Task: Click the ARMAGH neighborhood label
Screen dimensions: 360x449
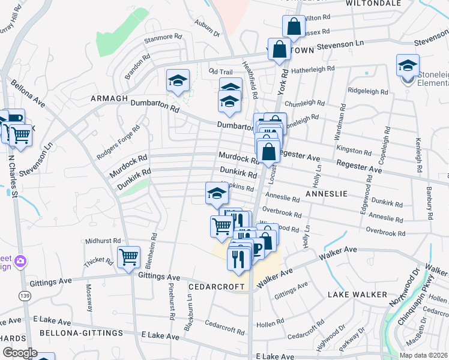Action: click(x=110, y=98)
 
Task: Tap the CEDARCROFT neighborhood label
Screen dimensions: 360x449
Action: click(x=217, y=287)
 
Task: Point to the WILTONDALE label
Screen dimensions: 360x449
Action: click(x=373, y=3)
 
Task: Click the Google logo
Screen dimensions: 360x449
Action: click(x=20, y=353)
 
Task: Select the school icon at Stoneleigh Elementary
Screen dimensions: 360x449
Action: click(x=408, y=66)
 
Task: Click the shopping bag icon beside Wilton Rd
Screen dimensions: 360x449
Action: click(x=294, y=27)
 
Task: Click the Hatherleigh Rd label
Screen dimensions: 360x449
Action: click(x=314, y=69)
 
